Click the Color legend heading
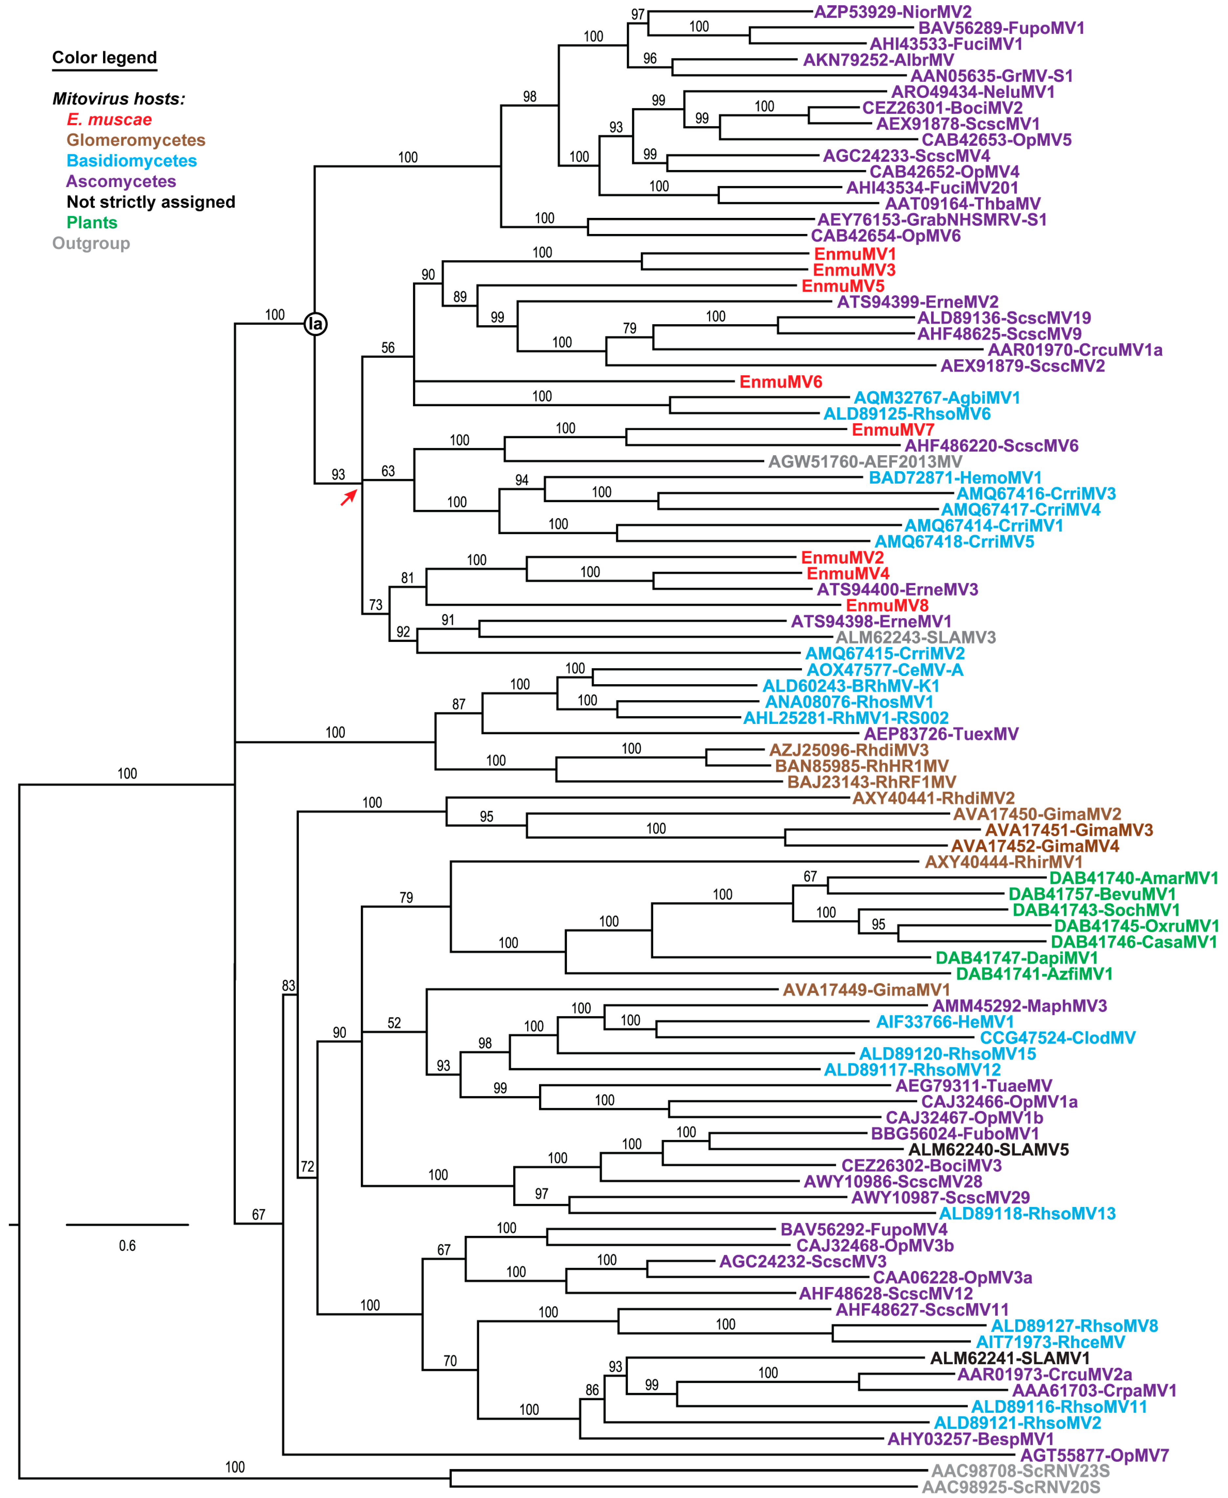coord(105,58)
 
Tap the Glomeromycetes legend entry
coord(136,140)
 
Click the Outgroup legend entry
coord(91,243)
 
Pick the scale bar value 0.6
coord(127,1245)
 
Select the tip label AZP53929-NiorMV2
coord(893,12)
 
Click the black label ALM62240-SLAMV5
coord(988,1150)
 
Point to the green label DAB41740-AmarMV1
coord(1133,878)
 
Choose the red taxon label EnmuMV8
coord(887,606)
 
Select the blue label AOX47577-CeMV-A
coord(885,670)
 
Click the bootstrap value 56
coord(388,348)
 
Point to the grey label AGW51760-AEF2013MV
coord(865,462)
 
